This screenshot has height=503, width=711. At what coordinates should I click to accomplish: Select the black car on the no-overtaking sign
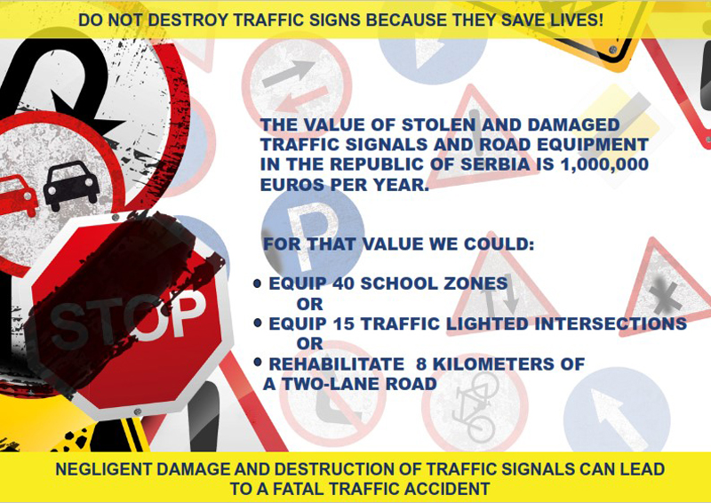coord(72,185)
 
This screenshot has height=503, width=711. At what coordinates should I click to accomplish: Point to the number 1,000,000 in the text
coord(604,164)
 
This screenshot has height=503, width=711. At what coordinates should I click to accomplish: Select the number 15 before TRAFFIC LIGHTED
coord(343,323)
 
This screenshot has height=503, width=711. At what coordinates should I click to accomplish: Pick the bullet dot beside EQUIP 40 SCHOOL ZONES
coord(257,283)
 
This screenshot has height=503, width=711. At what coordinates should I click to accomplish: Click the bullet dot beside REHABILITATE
coord(258,363)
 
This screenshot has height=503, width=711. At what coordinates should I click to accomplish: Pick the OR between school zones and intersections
coord(309,304)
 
